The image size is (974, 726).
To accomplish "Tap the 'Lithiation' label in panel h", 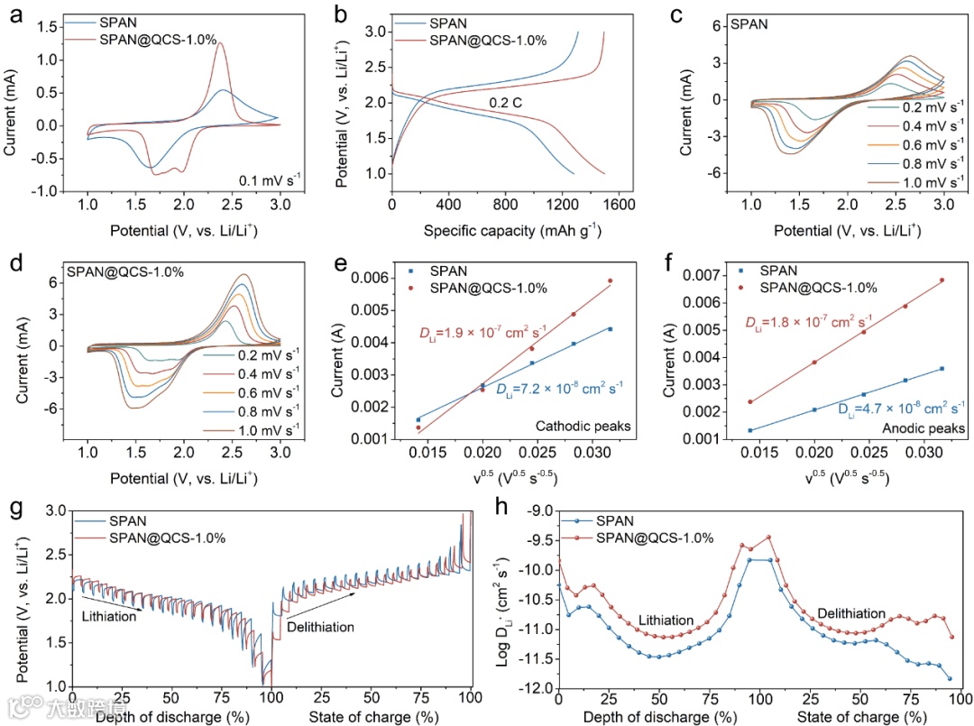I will point(666,620).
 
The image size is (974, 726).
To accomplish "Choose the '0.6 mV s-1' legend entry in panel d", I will point(249,392).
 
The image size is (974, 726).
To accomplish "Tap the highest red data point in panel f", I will point(942,280).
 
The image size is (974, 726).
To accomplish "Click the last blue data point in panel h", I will point(949,678).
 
